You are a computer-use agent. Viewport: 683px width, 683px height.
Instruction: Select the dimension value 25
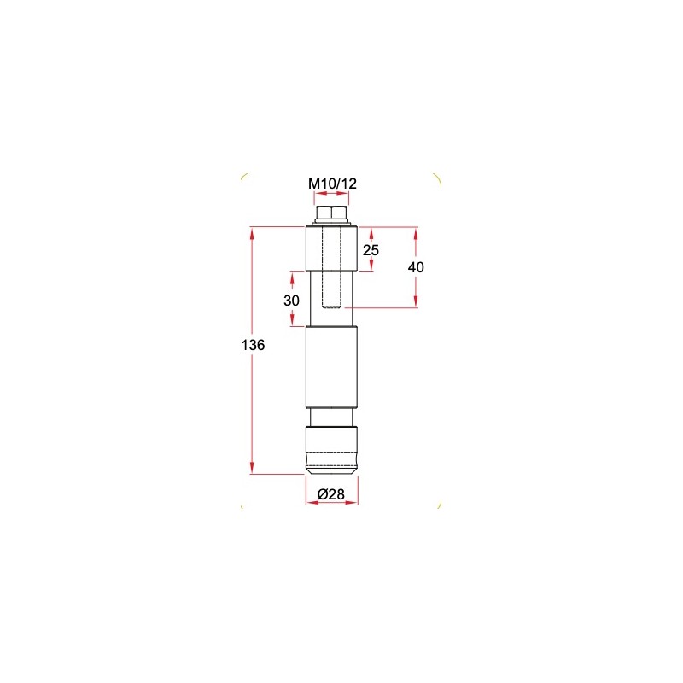tap(371, 249)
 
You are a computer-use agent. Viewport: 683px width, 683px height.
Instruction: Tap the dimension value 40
tap(416, 266)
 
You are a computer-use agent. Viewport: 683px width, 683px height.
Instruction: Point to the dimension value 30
tap(292, 300)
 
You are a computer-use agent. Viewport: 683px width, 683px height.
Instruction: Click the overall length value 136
tap(254, 346)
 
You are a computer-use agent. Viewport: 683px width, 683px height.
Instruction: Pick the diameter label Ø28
tap(331, 493)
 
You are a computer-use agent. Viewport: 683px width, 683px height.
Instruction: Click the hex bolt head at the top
tap(332, 213)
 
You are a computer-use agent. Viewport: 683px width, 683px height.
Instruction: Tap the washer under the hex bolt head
tap(332, 224)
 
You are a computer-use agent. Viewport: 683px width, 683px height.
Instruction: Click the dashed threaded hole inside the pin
tap(332, 273)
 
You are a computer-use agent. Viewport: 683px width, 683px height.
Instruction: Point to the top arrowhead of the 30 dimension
tap(292, 277)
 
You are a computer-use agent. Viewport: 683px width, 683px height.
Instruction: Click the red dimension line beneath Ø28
tap(331, 504)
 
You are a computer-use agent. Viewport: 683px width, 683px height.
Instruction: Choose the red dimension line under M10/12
tap(332, 194)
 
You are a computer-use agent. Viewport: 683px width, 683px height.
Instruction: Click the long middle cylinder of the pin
tap(332, 367)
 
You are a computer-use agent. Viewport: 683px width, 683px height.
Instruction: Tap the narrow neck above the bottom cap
tap(332, 417)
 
